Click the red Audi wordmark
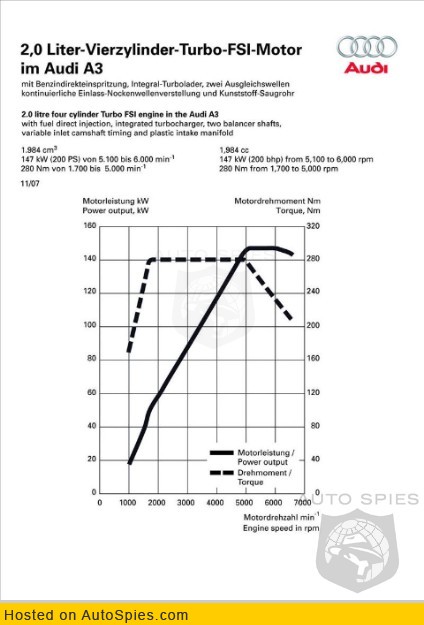click(x=366, y=68)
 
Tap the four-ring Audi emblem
click(x=367, y=47)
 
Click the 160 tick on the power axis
click(x=90, y=226)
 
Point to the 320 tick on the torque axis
click(x=313, y=226)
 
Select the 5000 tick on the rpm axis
click(x=244, y=503)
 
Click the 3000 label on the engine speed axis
click(x=186, y=503)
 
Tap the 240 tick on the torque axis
click(x=313, y=292)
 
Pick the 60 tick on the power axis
click(x=92, y=393)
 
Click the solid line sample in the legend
click(x=222, y=453)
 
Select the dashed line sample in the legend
click(x=222, y=473)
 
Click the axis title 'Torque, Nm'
click(x=298, y=210)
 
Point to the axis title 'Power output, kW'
click(x=116, y=210)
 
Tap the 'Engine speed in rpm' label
click(x=281, y=528)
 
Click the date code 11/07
click(x=30, y=184)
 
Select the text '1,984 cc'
click(x=234, y=150)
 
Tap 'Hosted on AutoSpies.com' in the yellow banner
click(x=96, y=615)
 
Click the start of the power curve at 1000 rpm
click(x=129, y=463)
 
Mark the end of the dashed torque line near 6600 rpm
click(x=291, y=319)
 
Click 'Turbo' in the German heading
click(x=202, y=50)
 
